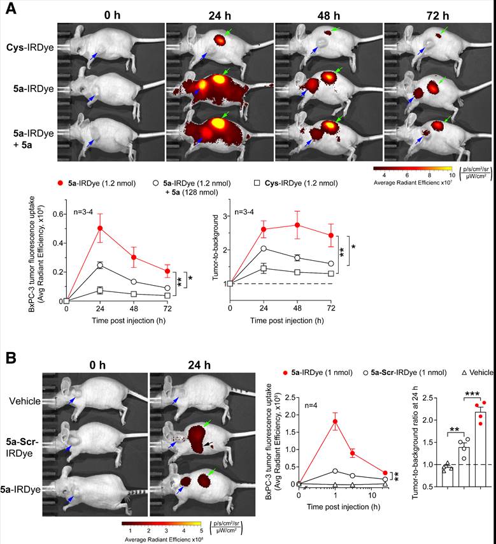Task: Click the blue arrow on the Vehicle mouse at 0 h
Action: point(76,399)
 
